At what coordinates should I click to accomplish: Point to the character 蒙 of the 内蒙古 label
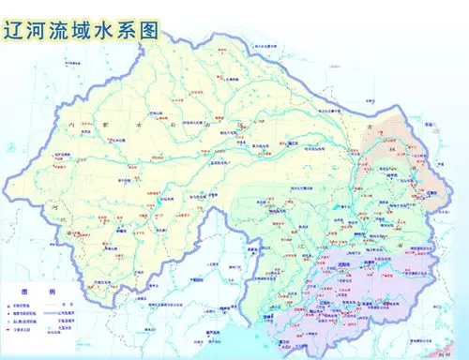click(x=105, y=123)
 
